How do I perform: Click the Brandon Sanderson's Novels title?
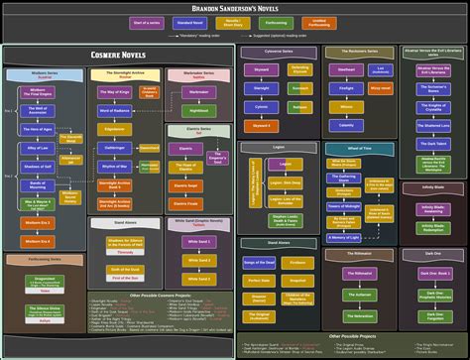[x=235, y=8]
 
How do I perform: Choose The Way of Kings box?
[x=115, y=91]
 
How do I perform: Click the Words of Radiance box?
[x=115, y=110]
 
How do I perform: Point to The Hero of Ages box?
[x=39, y=130]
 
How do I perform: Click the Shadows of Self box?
[x=39, y=166]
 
